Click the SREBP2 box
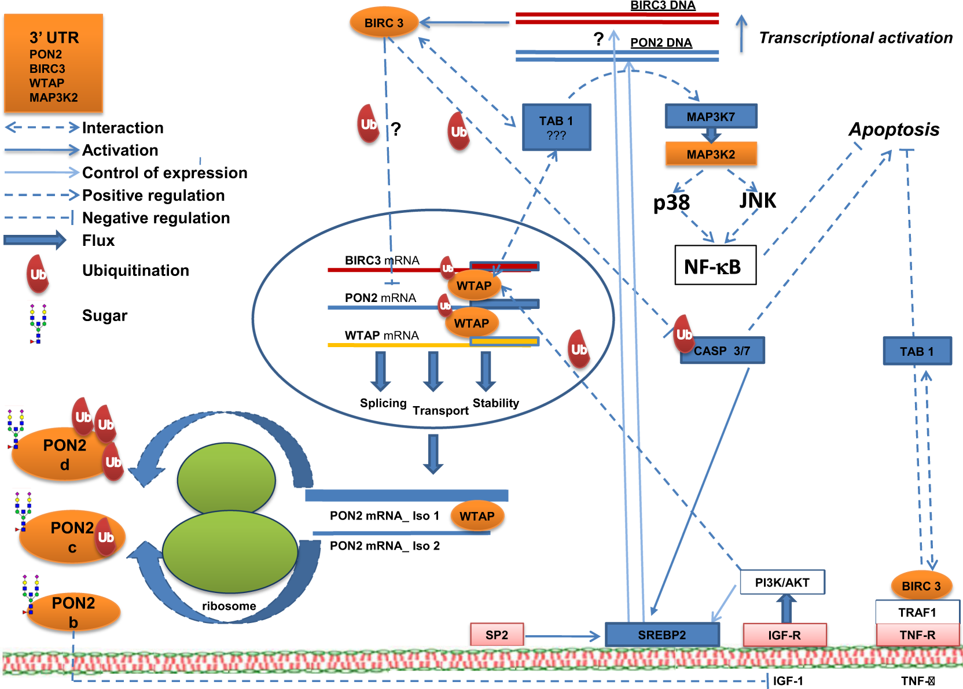coord(662,635)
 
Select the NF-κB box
coord(715,266)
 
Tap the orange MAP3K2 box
coord(711,154)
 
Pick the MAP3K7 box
coord(711,116)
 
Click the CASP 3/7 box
coord(722,351)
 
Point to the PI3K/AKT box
coord(782,582)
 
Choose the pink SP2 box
coord(497,635)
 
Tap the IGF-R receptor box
coord(784,635)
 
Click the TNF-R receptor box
coord(917,635)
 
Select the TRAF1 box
coord(917,612)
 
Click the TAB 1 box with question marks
coord(556,127)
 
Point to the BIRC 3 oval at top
coord(384,23)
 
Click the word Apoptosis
coord(894,129)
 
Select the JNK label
coord(758,200)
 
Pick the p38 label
coord(671,202)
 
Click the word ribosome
coord(229,606)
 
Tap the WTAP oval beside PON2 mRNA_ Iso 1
coord(477,516)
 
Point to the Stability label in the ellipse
coord(495,403)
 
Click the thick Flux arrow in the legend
coord(35,240)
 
